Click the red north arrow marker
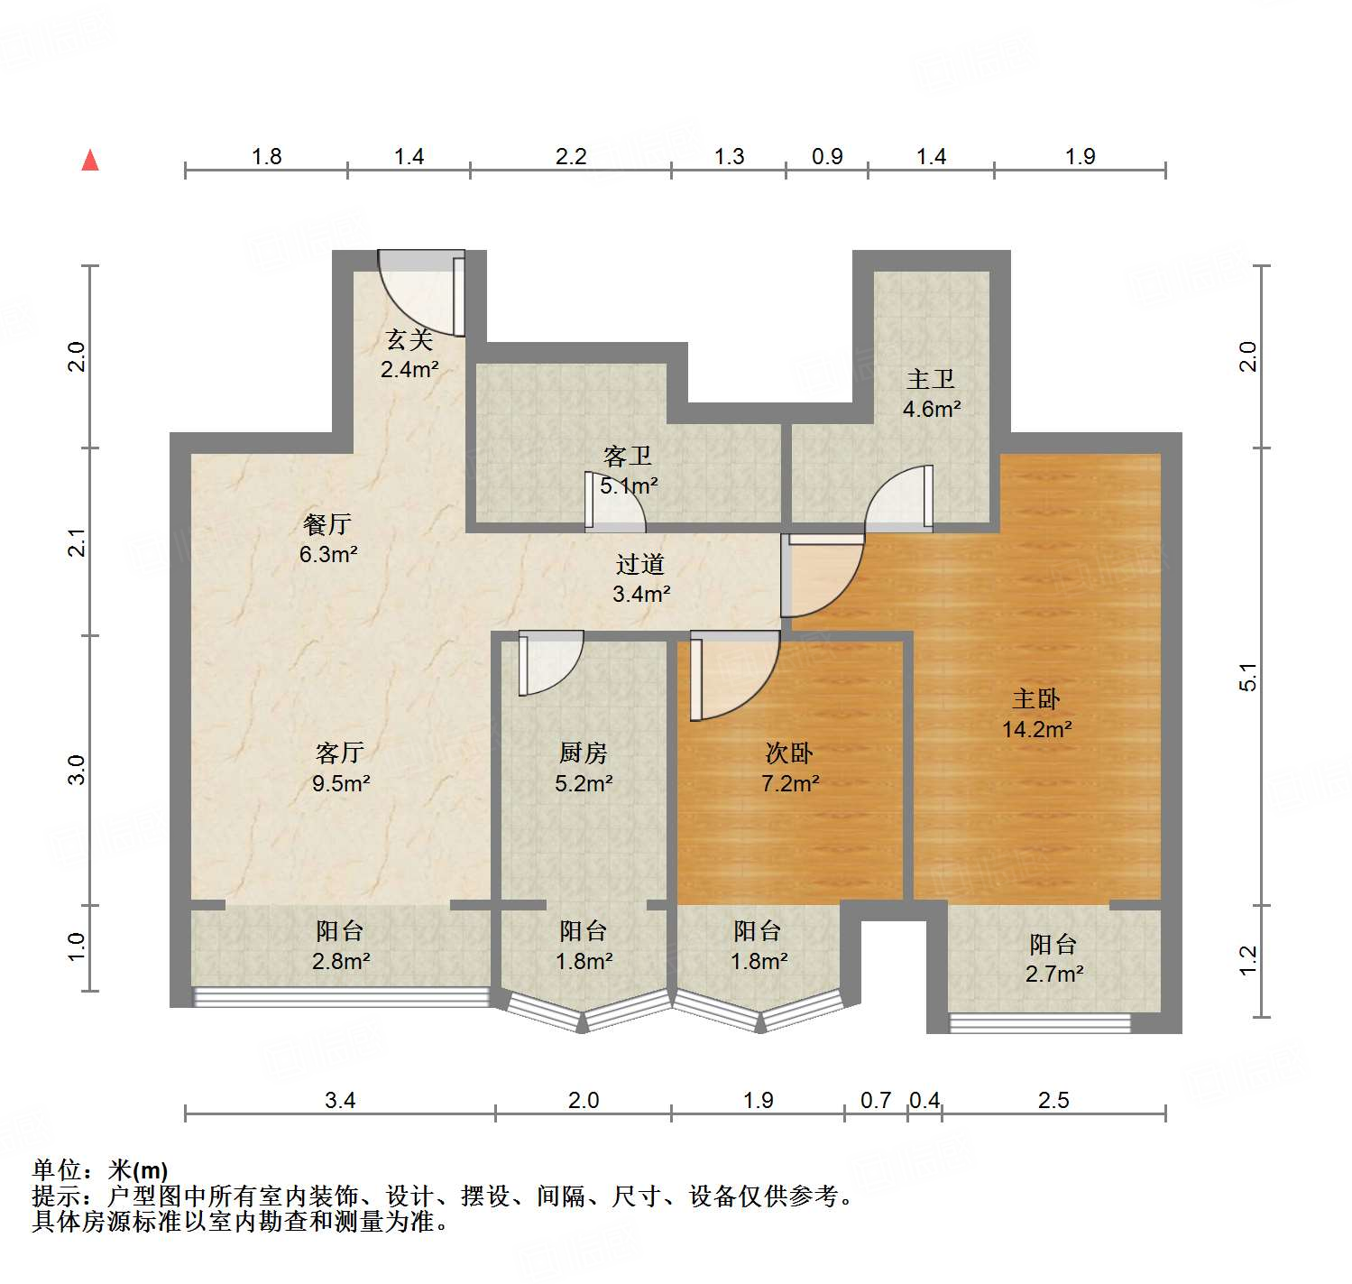(x=90, y=161)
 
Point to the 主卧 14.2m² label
(x=1036, y=714)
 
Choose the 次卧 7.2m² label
(x=789, y=768)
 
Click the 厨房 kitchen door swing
(x=550, y=663)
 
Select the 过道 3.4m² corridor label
(x=640, y=578)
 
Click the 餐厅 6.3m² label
(x=327, y=539)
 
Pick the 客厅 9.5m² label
(x=340, y=768)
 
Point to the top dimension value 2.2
(x=571, y=157)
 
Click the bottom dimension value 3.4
(x=340, y=1100)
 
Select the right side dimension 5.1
(x=1247, y=677)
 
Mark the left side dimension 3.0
(x=77, y=770)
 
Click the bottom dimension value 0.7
(x=875, y=1100)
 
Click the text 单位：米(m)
(x=100, y=1170)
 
